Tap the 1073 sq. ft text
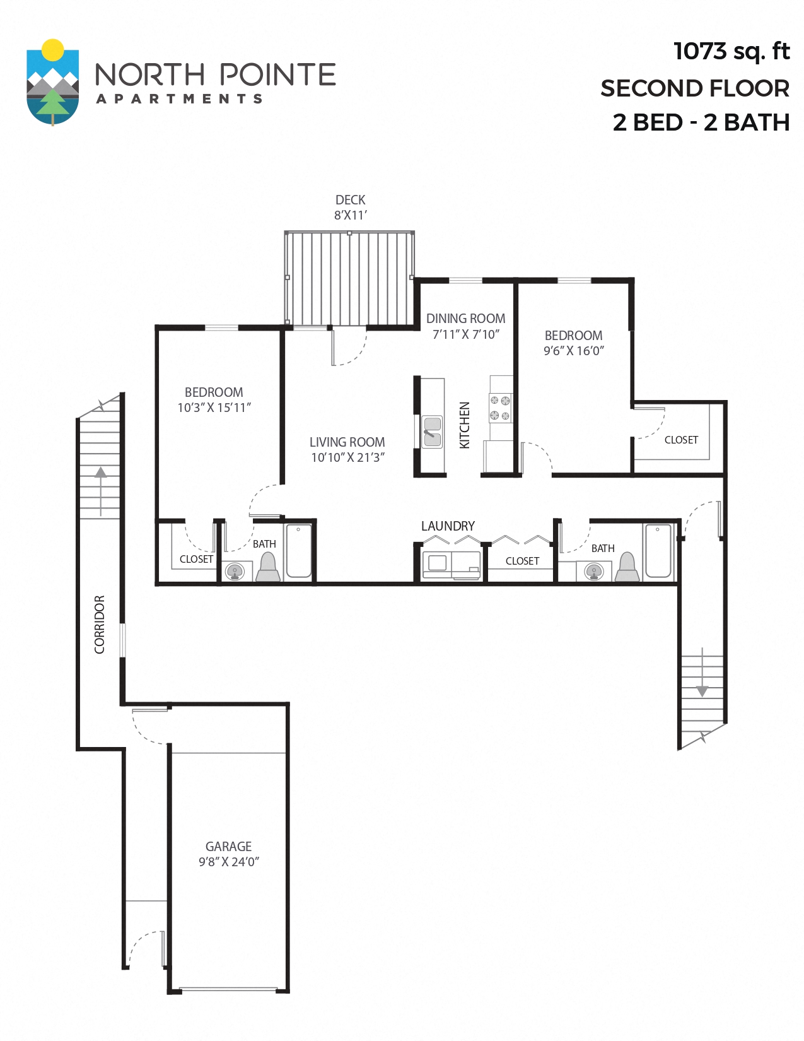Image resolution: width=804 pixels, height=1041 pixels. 731,52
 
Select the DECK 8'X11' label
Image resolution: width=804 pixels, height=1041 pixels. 350,207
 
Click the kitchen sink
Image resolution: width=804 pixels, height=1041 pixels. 432,432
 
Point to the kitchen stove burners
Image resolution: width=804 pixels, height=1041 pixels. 500,408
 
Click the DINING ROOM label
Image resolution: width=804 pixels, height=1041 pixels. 465,319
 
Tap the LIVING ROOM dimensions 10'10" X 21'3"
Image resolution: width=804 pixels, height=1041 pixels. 347,457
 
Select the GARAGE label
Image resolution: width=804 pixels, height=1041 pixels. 228,846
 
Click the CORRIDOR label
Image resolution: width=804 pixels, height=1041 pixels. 100,624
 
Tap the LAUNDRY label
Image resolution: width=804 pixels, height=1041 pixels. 448,526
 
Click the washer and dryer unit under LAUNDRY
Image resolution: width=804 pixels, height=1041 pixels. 451,565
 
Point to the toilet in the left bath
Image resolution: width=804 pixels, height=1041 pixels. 268,567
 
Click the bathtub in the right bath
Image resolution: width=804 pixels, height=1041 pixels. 658,551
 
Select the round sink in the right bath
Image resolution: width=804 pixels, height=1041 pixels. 594,572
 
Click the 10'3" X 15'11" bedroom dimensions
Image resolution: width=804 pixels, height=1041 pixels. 214,408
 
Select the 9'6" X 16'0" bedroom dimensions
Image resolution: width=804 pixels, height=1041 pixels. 573,351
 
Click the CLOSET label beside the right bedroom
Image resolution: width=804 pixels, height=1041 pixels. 681,440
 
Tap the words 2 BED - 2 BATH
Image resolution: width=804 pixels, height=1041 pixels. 701,122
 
